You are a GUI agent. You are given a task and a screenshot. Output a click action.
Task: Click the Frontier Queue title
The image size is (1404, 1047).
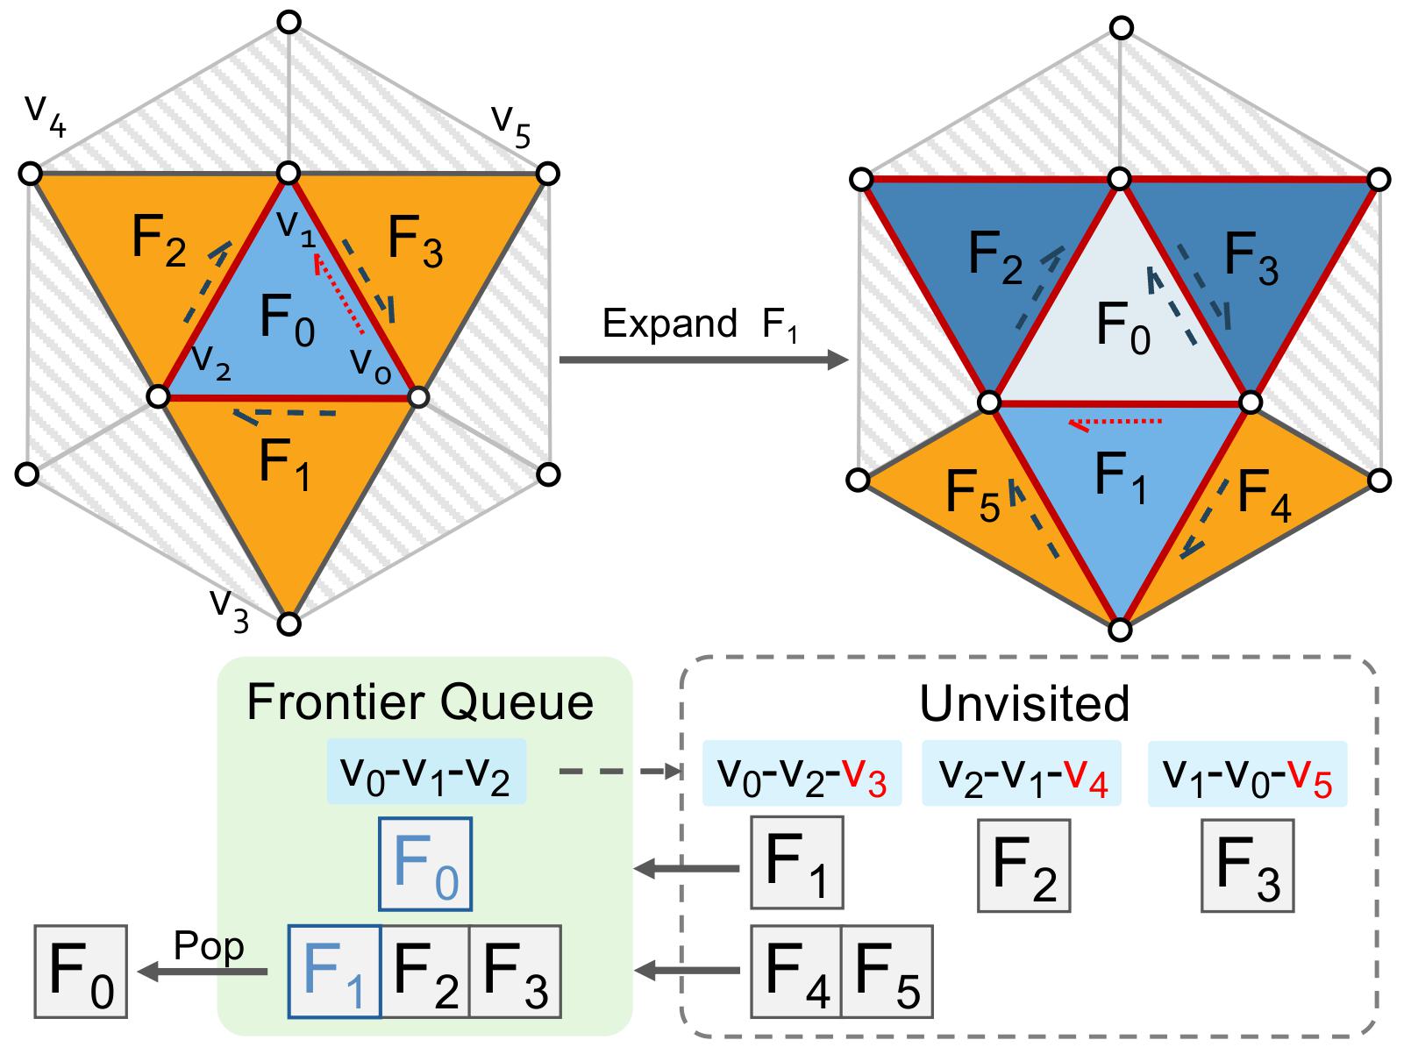pyautogui.click(x=420, y=702)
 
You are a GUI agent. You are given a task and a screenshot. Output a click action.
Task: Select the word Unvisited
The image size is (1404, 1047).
pyautogui.click(x=1024, y=702)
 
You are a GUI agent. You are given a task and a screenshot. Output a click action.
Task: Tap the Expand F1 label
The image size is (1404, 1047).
pyautogui.click(x=699, y=324)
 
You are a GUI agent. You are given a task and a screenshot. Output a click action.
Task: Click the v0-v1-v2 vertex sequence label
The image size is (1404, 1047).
pyautogui.click(x=426, y=773)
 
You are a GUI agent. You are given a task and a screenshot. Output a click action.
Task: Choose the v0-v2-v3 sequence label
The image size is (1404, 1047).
pyautogui.click(x=802, y=773)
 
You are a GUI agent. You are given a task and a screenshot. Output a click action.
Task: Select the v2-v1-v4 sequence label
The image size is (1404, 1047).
pyautogui.click(x=1021, y=773)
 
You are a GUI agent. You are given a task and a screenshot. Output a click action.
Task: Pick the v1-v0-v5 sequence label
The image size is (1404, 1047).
pyautogui.click(x=1247, y=773)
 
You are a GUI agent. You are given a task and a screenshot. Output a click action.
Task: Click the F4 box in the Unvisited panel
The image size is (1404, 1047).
pyautogui.click(x=796, y=972)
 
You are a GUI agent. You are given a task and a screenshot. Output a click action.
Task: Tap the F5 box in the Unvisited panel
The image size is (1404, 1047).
pyautogui.click(x=887, y=972)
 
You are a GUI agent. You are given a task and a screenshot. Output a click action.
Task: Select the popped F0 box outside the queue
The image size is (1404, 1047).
pyautogui.click(x=81, y=972)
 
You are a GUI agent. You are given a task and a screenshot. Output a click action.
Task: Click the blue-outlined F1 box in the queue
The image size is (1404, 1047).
pyautogui.click(x=334, y=972)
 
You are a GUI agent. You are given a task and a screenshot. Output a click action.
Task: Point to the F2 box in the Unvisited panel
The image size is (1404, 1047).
pyautogui.click(x=1023, y=865)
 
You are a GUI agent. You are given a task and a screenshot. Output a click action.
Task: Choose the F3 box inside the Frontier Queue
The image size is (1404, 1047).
pyautogui.click(x=515, y=972)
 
